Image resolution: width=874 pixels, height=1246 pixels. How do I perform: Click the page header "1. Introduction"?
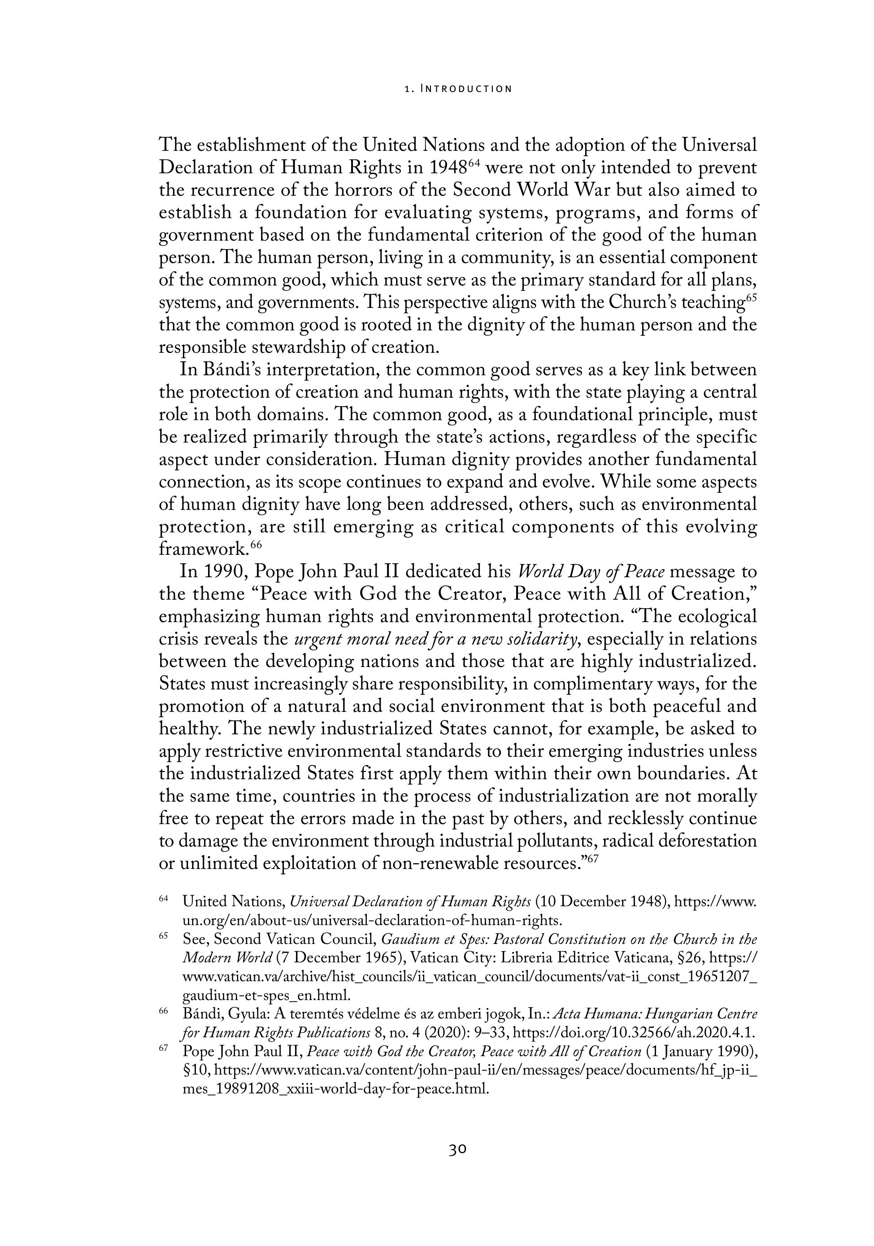point(458,88)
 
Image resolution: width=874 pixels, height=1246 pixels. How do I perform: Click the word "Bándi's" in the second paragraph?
point(231,370)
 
